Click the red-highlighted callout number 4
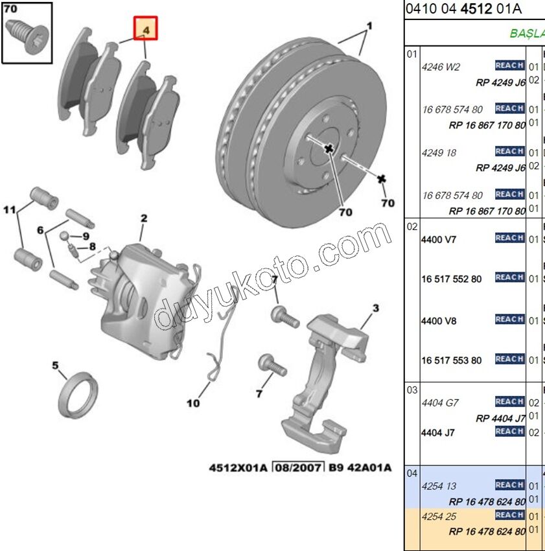click(145, 29)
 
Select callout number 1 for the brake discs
click(369, 27)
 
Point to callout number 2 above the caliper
click(144, 219)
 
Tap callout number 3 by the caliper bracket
click(375, 307)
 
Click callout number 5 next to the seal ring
click(56, 365)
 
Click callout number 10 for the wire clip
click(193, 403)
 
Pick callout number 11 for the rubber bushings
click(8, 210)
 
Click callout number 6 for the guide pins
click(40, 230)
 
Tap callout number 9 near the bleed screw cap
click(86, 235)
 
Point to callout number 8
click(92, 246)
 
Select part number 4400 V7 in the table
click(439, 239)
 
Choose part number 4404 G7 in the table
click(440, 403)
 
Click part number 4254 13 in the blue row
click(439, 486)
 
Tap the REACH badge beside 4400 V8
click(509, 319)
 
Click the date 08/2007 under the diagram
click(297, 467)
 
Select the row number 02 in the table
click(412, 226)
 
